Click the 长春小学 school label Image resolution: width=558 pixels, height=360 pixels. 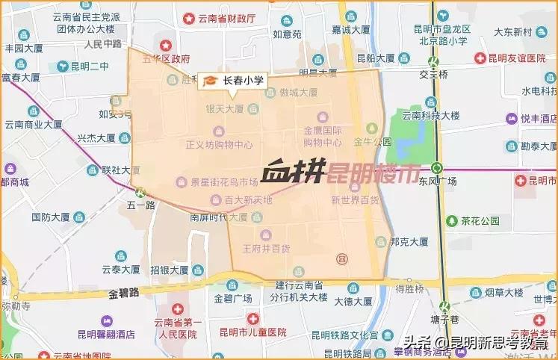coord(243,79)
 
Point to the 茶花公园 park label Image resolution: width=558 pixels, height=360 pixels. coord(479,221)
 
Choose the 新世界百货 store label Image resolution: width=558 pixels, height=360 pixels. coord(355,199)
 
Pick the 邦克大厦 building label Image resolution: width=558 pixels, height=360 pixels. coord(409,242)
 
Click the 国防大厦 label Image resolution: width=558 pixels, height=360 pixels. coord(50,217)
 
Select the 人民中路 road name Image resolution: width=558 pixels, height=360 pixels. coord(102,43)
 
